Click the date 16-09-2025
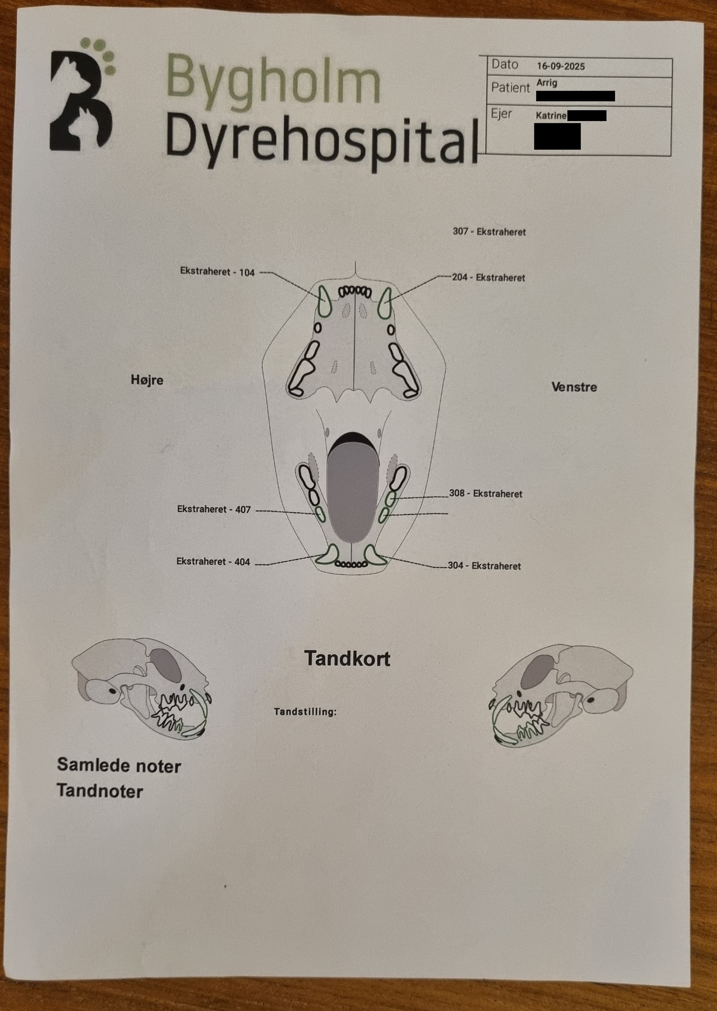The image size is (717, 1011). pyautogui.click(x=561, y=66)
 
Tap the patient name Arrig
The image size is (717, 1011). pyautogui.click(x=547, y=83)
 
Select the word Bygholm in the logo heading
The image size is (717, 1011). pyautogui.click(x=273, y=80)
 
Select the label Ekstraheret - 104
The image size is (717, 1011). pyautogui.click(x=217, y=272)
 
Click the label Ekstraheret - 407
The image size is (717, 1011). pyautogui.click(x=214, y=509)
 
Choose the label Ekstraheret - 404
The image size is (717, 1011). pyautogui.click(x=213, y=562)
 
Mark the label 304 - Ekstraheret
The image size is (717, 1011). pyautogui.click(x=484, y=566)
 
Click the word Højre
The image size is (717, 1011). pyautogui.click(x=147, y=380)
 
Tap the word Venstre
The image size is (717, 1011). pyautogui.click(x=574, y=387)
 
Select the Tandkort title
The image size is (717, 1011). pyautogui.click(x=347, y=659)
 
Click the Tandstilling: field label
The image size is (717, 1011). pyautogui.click(x=305, y=711)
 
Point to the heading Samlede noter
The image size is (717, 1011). pyautogui.click(x=119, y=766)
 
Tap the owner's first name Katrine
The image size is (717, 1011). pyautogui.click(x=551, y=116)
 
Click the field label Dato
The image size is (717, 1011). pyautogui.click(x=505, y=65)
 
